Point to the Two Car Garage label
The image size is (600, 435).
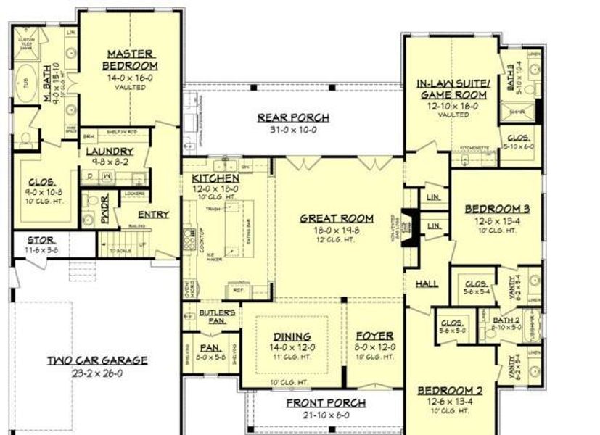pos(98,360)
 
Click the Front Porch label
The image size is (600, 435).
pos(325,403)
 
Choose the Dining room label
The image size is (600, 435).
pos(292,336)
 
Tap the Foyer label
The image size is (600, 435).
pos(374,336)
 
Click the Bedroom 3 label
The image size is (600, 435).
pos(497,210)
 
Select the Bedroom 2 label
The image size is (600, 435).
pos(450,391)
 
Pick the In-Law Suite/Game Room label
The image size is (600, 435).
pos(453,89)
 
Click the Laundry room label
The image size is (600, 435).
pos(108,152)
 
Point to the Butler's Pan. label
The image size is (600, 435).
pos(217,316)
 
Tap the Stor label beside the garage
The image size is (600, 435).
pos(39,239)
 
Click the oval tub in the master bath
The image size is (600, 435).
pos(22,82)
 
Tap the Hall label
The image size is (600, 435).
pos(427,283)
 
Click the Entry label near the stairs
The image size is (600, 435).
pos(153,215)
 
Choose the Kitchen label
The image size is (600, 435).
pos(215,178)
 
